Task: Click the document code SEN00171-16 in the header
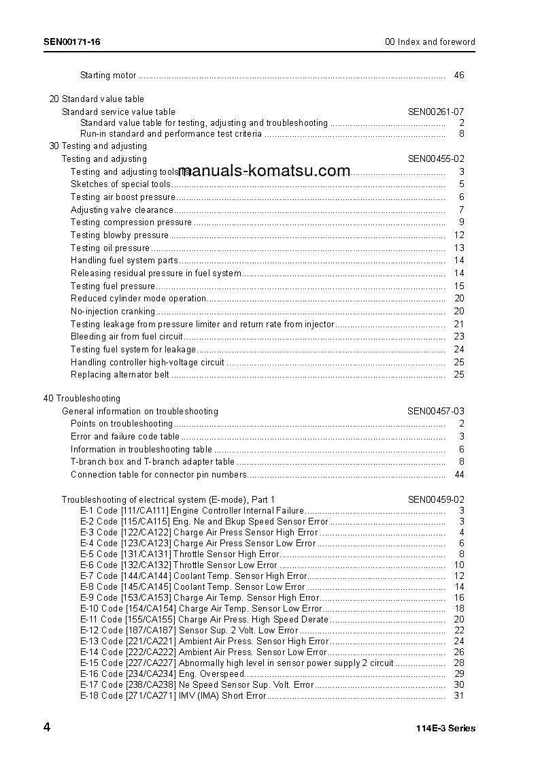pyautogui.click(x=72, y=42)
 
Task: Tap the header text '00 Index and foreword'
pyautogui.click(x=430, y=42)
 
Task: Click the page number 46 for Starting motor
pyautogui.click(x=459, y=76)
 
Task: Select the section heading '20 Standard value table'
pyautogui.click(x=97, y=99)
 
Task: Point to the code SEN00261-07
pyautogui.click(x=436, y=112)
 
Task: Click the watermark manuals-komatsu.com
pyautogui.click(x=264, y=171)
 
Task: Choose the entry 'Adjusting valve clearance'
pyautogui.click(x=122, y=210)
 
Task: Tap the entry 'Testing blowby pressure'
pyautogui.click(x=120, y=235)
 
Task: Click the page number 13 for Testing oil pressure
pyautogui.click(x=459, y=248)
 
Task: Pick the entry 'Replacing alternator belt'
pyautogui.click(x=120, y=375)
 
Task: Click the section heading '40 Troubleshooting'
pyautogui.click(x=82, y=399)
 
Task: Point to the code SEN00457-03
pyautogui.click(x=436, y=412)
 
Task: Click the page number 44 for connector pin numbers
pyautogui.click(x=459, y=475)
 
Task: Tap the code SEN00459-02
pyautogui.click(x=436, y=499)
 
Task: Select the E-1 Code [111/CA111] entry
pyautogui.click(x=192, y=511)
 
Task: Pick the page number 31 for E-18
pyautogui.click(x=459, y=695)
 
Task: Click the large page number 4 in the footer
pyautogui.click(x=47, y=727)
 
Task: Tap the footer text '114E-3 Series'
pyautogui.click(x=445, y=729)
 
